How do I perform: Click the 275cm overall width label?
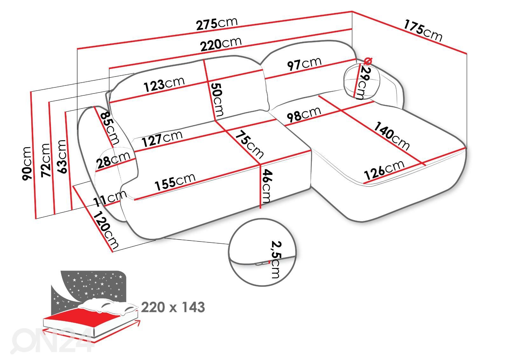tap(217, 24)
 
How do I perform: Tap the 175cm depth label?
tap(423, 31)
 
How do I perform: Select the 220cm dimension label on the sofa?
tap(221, 44)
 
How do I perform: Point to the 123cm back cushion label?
tap(164, 84)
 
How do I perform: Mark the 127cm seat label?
tap(162, 139)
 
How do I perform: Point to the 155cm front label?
tap(175, 182)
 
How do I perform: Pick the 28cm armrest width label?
tap(113, 159)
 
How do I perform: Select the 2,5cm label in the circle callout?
tap(275, 259)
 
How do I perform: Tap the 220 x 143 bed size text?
tap(173, 307)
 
